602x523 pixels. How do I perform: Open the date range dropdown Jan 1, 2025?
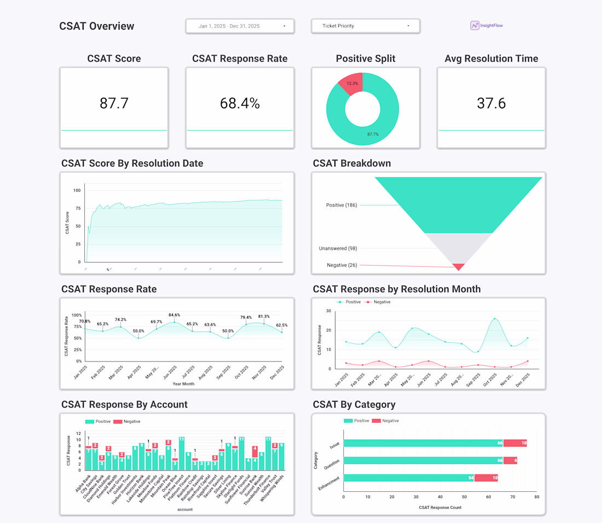click(x=240, y=26)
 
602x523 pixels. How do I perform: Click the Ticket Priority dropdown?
click(x=365, y=26)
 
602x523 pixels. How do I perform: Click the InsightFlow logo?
click(x=487, y=25)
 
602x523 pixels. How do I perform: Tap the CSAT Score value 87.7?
click(x=114, y=103)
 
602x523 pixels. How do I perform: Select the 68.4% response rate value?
click(x=240, y=103)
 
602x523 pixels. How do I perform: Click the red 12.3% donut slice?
click(x=351, y=83)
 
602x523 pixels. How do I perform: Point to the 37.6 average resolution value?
click(x=491, y=103)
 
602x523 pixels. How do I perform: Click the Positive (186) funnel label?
click(x=341, y=205)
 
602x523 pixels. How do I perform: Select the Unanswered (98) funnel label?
click(x=338, y=249)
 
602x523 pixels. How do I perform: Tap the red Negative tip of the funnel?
click(x=459, y=267)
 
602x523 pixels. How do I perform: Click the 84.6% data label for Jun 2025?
click(x=174, y=315)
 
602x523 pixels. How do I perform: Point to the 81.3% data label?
click(x=264, y=317)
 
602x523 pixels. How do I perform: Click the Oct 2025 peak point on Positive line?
click(x=495, y=319)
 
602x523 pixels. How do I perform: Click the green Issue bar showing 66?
click(x=423, y=443)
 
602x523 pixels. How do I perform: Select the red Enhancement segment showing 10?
click(x=486, y=478)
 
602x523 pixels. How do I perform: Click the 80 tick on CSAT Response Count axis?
click(x=537, y=497)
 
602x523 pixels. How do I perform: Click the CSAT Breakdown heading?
click(x=351, y=163)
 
